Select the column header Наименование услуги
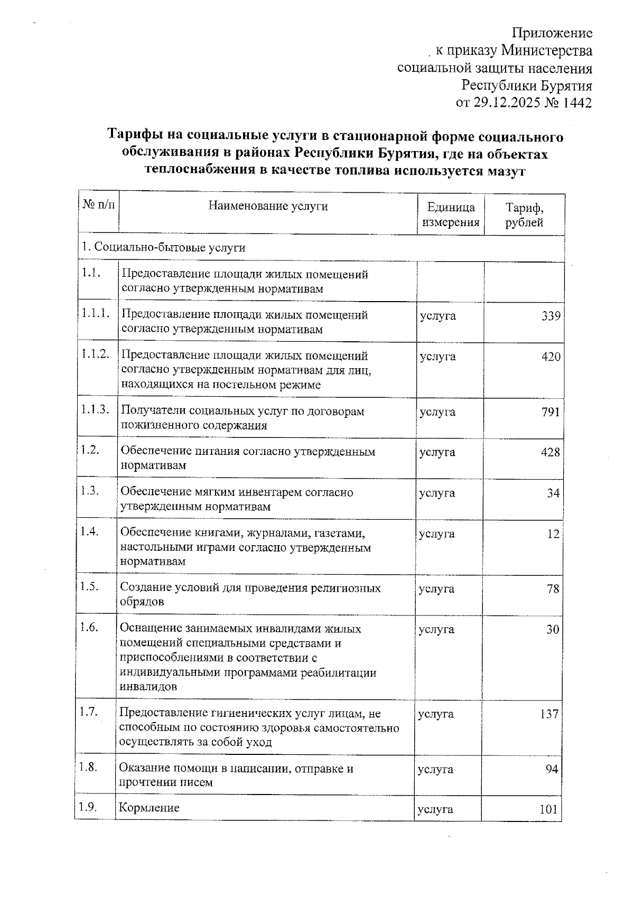(x=268, y=206)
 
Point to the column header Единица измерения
(x=451, y=214)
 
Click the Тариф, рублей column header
(x=524, y=214)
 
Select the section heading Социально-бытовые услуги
(x=163, y=248)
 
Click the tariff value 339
(x=551, y=316)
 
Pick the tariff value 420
(x=551, y=357)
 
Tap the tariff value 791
(x=551, y=412)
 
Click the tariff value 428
(x=550, y=452)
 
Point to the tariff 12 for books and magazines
(x=553, y=534)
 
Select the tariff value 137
(x=549, y=714)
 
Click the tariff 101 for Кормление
(x=549, y=809)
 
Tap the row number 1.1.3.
(x=95, y=409)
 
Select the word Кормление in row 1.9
(x=150, y=808)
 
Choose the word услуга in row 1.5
(x=436, y=589)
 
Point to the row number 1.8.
(x=89, y=767)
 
